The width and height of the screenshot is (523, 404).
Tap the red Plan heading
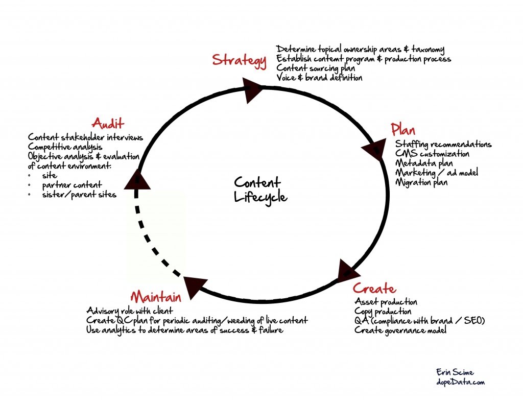point(402,129)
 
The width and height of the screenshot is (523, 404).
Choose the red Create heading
point(374,288)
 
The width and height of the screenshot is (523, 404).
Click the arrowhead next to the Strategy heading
point(253,90)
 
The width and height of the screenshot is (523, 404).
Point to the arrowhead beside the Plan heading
point(375,149)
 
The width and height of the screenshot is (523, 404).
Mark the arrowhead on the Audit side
point(136,179)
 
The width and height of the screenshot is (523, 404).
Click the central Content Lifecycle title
point(257,189)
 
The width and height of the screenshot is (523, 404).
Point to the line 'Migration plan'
point(421,182)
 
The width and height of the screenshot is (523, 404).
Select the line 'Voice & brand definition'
point(319,78)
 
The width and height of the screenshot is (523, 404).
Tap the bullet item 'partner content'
point(72,184)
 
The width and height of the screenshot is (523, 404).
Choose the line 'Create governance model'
point(400,330)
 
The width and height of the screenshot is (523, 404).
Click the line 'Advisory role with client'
point(130,311)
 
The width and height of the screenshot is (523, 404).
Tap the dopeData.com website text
point(461,382)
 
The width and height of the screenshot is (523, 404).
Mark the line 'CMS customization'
point(432,154)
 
